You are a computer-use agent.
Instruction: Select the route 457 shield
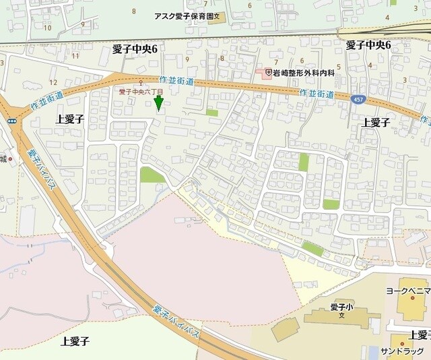pos(358,98)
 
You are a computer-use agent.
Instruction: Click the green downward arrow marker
pos(159,102)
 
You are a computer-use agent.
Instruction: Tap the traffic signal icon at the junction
pos(12,121)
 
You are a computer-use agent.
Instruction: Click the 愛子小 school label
pos(342,307)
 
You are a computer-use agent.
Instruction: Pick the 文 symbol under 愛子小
pos(342,315)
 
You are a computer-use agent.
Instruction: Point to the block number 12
pos(53,82)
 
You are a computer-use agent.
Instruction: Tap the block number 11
pos(75,55)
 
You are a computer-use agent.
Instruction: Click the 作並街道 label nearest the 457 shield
pos(316,94)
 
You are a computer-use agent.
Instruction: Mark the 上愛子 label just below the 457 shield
pos(376,122)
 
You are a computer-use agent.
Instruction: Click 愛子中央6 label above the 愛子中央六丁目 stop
pos(139,49)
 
